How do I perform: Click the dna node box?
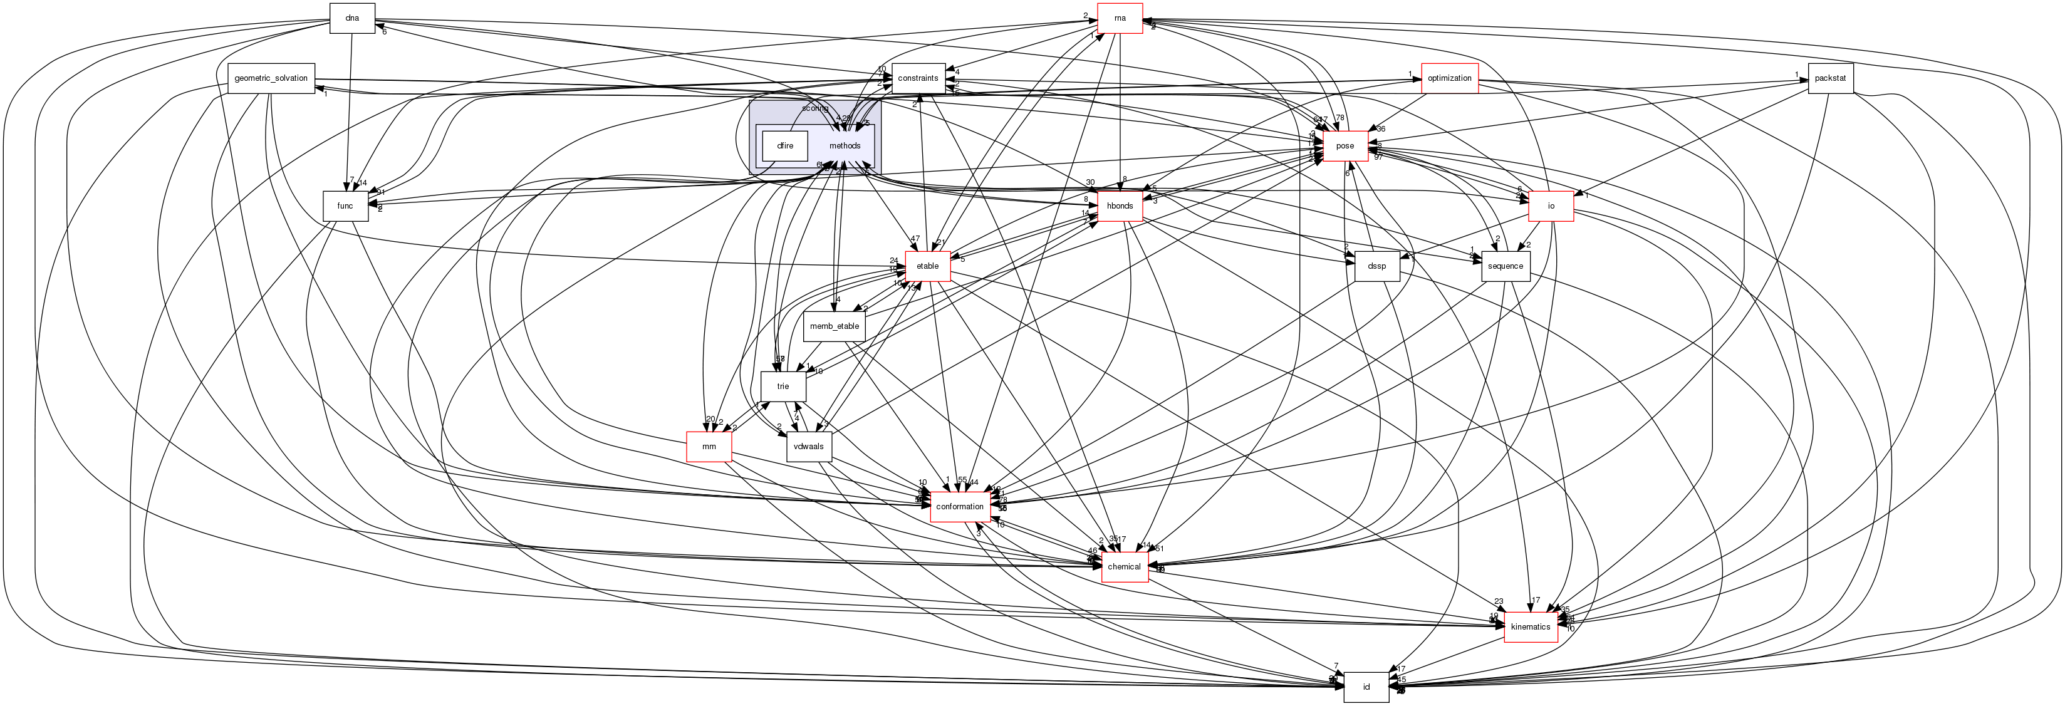pyautogui.click(x=352, y=18)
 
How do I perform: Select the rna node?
pyautogui.click(x=1120, y=18)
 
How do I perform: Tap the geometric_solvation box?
pyautogui.click(x=271, y=78)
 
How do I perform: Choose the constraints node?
pyautogui.click(x=917, y=78)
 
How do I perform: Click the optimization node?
pyautogui.click(x=1449, y=78)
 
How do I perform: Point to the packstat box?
pyautogui.click(x=1830, y=78)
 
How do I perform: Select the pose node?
pyautogui.click(x=1345, y=146)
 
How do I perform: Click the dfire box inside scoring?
pyautogui.click(x=785, y=146)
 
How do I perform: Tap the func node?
pyautogui.click(x=345, y=206)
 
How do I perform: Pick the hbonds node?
pyautogui.click(x=1120, y=206)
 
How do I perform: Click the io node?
pyautogui.click(x=1551, y=206)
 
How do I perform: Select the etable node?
pyautogui.click(x=927, y=266)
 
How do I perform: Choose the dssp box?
pyautogui.click(x=1377, y=266)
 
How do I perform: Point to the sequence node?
pyautogui.click(x=1506, y=266)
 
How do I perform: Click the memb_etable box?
pyautogui.click(x=835, y=326)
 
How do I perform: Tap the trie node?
pyautogui.click(x=783, y=387)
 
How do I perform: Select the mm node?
pyautogui.click(x=709, y=447)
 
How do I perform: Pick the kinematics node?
pyautogui.click(x=1531, y=626)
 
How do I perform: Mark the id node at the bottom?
pyautogui.click(x=1366, y=687)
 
